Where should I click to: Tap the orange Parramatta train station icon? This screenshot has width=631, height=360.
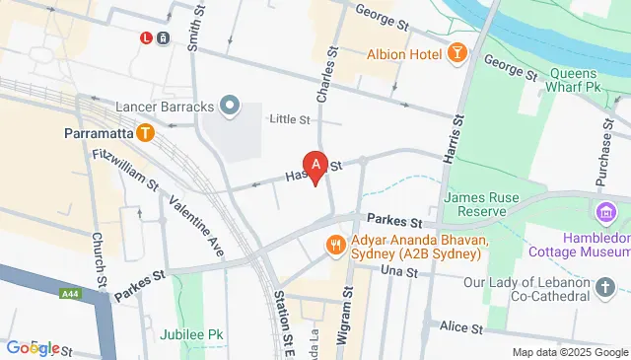[x=146, y=132]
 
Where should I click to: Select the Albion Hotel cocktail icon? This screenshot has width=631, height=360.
[x=457, y=53]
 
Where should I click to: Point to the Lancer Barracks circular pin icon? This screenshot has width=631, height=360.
[x=230, y=104]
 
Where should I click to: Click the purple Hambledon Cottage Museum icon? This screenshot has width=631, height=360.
[x=602, y=211]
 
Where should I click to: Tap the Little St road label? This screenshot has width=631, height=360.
[x=291, y=120]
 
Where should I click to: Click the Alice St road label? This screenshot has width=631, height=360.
[x=459, y=327]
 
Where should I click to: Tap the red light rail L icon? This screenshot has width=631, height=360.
[x=146, y=37]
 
